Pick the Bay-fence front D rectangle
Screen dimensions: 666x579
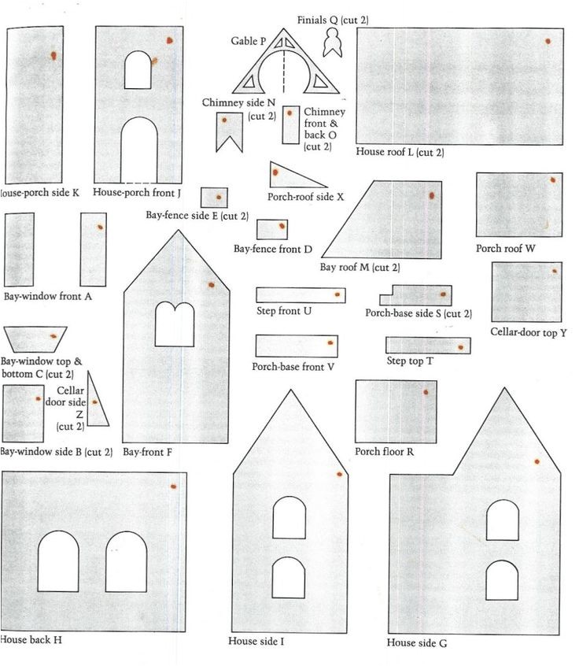click(x=272, y=229)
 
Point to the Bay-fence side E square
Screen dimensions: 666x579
click(x=214, y=197)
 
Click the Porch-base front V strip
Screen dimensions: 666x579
click(x=296, y=346)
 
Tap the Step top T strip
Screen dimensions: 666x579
click(x=428, y=346)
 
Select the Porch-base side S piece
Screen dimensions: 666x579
click(x=417, y=296)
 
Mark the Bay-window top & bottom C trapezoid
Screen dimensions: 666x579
click(x=35, y=338)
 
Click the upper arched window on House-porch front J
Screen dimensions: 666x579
click(x=138, y=70)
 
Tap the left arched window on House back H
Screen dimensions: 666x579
click(x=58, y=561)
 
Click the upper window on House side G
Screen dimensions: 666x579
click(x=502, y=520)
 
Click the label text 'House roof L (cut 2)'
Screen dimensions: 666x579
click(x=400, y=152)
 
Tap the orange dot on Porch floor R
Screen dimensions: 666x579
click(x=426, y=391)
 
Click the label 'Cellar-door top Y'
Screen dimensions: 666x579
click(x=528, y=333)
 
